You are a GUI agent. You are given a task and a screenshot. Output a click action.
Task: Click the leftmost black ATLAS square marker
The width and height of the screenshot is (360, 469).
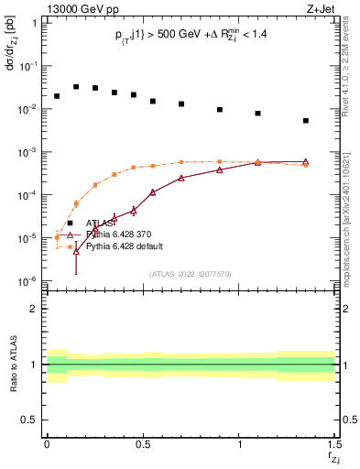57,96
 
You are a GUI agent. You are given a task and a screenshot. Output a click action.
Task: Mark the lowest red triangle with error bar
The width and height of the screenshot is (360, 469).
76,250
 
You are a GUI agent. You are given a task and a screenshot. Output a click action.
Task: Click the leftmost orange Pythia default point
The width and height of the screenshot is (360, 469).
57,237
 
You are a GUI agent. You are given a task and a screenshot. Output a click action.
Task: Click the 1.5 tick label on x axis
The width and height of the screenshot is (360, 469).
333,446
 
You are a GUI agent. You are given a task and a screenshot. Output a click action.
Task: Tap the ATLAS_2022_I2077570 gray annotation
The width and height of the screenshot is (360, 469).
191,274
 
